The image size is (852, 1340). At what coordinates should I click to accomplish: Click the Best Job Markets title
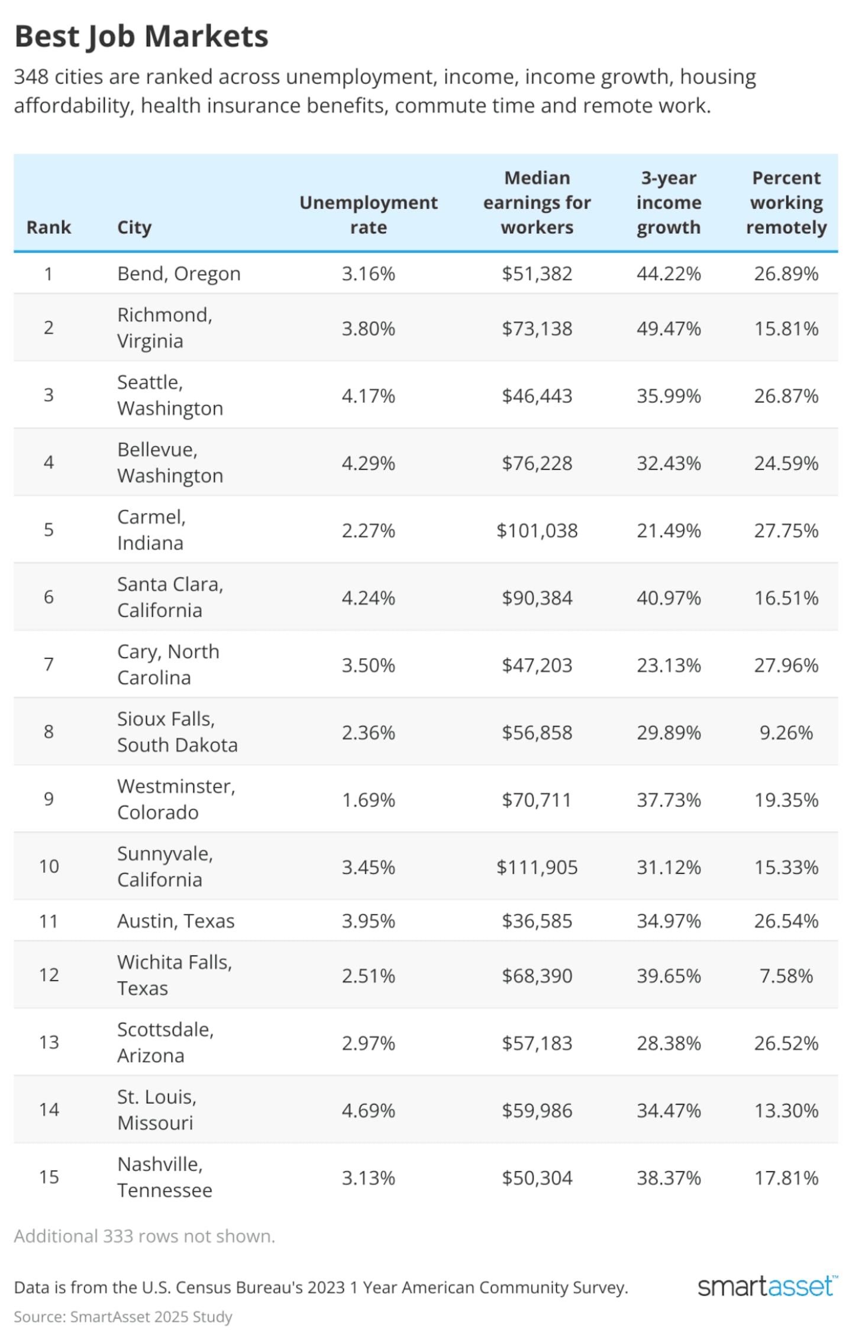[x=141, y=37]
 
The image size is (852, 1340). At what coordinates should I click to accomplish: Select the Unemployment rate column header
[x=368, y=214]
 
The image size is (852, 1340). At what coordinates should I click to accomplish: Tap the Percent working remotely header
[x=786, y=202]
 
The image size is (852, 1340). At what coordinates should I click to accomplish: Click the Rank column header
[x=49, y=227]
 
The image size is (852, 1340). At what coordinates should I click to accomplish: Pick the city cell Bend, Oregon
[x=179, y=274]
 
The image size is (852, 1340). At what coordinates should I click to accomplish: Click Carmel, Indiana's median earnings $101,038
[x=537, y=531]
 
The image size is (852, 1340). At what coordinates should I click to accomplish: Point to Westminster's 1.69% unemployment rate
[x=368, y=800]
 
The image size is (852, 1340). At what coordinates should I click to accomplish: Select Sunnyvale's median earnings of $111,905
[x=537, y=867]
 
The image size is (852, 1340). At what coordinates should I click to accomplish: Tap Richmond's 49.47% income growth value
[x=669, y=328]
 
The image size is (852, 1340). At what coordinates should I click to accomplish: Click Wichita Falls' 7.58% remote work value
[x=786, y=976]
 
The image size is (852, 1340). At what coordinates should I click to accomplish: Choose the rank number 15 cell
[x=49, y=1177]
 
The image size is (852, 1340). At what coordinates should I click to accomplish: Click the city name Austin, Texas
[x=176, y=921]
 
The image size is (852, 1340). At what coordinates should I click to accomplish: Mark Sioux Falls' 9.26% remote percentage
[x=786, y=732]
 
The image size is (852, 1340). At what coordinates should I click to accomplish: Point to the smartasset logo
[x=767, y=1287]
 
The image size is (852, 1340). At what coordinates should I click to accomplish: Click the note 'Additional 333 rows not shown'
[x=144, y=1236]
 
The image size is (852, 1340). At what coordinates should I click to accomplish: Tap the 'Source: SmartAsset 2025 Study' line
[x=123, y=1317]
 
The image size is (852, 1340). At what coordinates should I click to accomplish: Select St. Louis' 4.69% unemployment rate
[x=368, y=1110]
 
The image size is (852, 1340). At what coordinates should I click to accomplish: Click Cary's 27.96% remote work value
[x=786, y=666]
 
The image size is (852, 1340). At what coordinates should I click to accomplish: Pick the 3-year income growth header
[x=669, y=202]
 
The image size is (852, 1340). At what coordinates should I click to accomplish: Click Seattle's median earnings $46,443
[x=537, y=396]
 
